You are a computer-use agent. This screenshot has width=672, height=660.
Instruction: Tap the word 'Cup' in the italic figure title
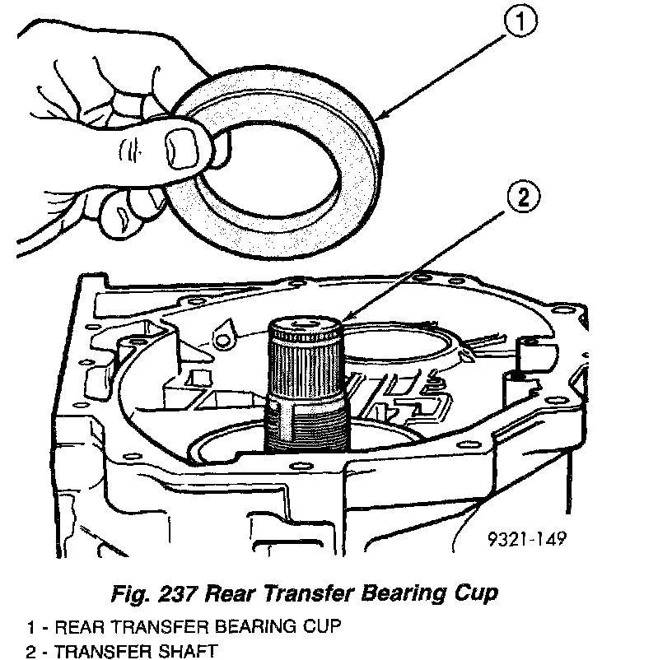pyautogui.click(x=478, y=593)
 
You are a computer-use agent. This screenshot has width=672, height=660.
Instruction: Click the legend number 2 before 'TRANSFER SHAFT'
pyautogui.click(x=30, y=652)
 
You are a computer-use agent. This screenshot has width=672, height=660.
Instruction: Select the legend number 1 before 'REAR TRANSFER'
pyautogui.click(x=30, y=626)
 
